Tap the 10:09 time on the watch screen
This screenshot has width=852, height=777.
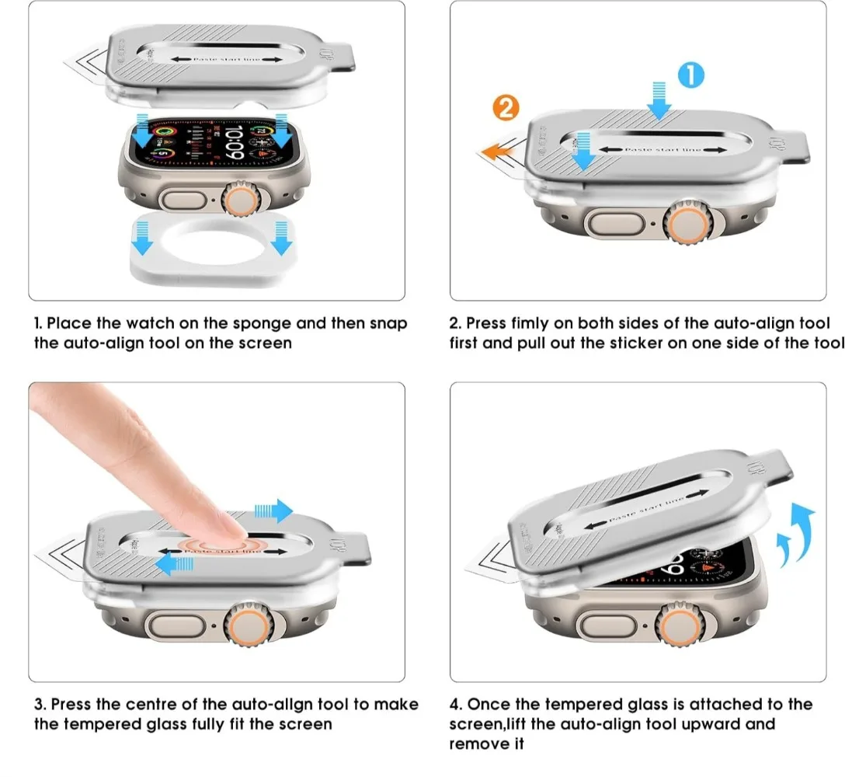pos(233,143)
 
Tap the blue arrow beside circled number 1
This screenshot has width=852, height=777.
pos(659,99)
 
